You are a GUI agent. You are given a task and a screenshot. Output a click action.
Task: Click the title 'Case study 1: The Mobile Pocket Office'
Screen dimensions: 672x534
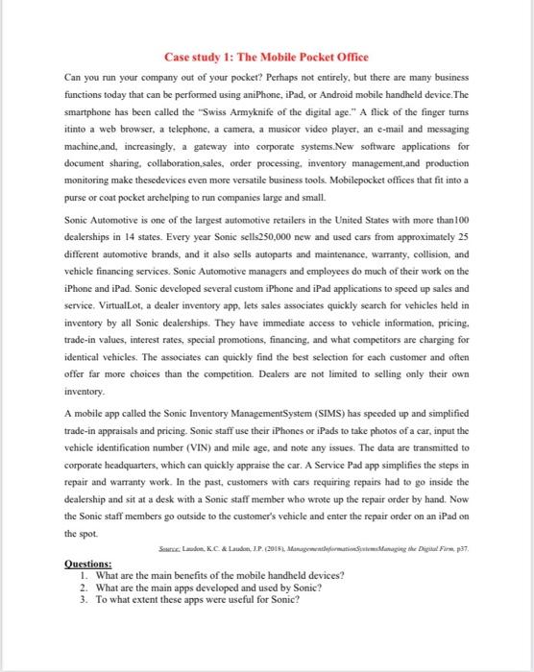pos(266,58)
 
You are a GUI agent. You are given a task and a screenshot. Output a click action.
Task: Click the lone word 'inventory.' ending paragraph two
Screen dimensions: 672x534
pos(85,402)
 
